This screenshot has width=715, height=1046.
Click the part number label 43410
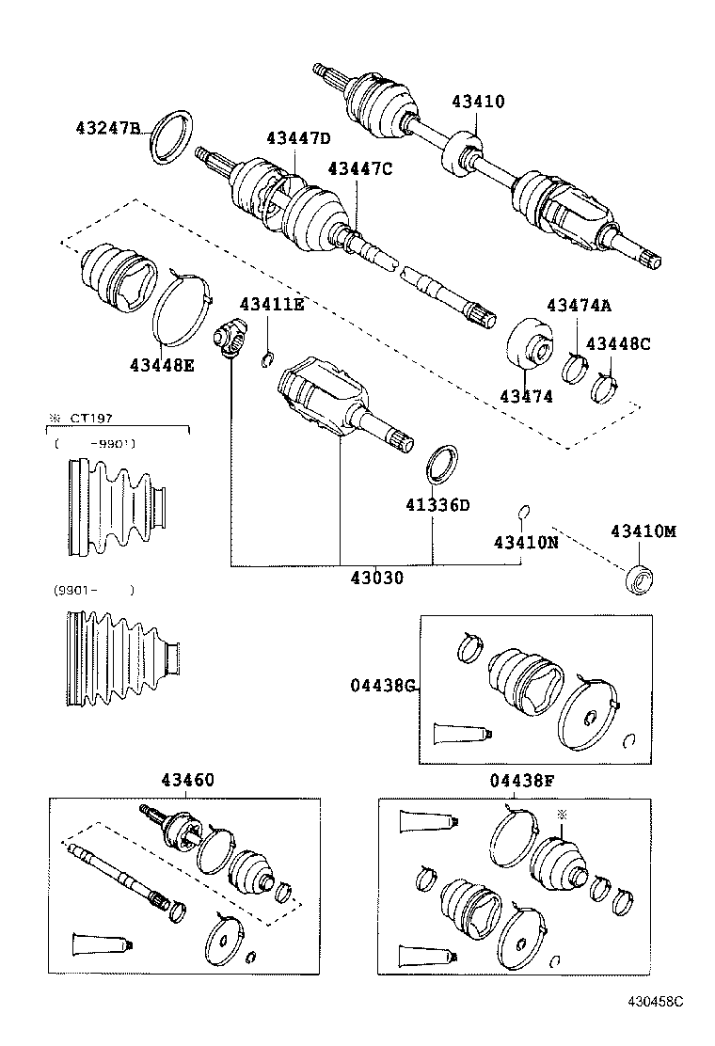click(477, 102)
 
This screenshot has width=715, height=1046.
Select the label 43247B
click(108, 128)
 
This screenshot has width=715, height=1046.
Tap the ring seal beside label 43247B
click(172, 136)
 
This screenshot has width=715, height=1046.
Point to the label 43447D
click(298, 138)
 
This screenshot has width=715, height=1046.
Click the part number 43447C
click(359, 168)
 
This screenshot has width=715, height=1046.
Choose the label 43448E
click(162, 364)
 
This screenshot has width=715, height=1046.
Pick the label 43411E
click(272, 304)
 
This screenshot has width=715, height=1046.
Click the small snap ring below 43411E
click(267, 357)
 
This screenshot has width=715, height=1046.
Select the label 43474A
click(579, 305)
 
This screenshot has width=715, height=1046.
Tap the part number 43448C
click(618, 343)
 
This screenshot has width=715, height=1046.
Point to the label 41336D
click(437, 505)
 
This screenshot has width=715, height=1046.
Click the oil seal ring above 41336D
click(442, 465)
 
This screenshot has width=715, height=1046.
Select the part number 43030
click(373, 578)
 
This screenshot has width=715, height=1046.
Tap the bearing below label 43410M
click(641, 578)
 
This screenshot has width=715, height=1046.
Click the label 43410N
click(526, 543)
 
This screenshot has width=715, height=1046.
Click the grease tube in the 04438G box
click(458, 735)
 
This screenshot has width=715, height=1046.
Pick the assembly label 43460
click(187, 780)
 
